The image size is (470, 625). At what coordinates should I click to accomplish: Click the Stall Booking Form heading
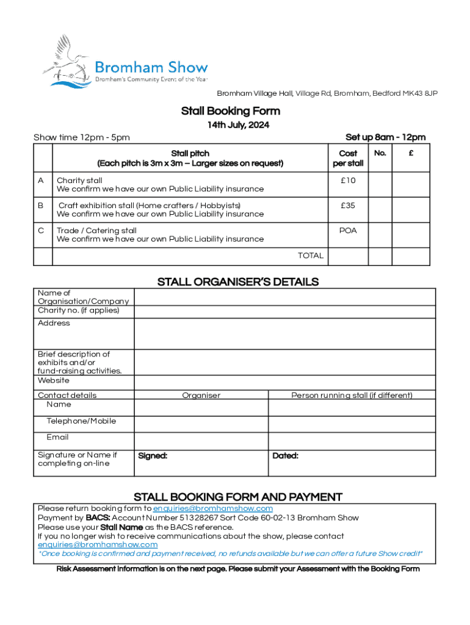(231, 111)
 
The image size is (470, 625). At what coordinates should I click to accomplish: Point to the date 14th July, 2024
(238, 125)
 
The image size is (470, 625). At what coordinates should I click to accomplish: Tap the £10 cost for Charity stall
(348, 181)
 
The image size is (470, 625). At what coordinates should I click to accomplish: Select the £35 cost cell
(348, 206)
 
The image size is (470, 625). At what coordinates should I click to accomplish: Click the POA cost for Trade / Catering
(348, 231)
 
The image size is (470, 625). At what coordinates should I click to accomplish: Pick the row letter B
(40, 206)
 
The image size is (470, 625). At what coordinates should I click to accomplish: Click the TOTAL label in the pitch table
(311, 256)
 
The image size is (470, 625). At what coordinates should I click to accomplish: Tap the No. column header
(380, 153)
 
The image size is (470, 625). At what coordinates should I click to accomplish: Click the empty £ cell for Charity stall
(411, 184)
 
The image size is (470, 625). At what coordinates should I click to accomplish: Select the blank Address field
(284, 334)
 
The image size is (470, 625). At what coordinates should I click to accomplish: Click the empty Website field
(284, 383)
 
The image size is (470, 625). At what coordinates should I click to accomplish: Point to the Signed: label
(153, 456)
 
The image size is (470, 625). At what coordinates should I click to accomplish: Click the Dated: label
(285, 456)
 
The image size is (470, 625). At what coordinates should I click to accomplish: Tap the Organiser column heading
(201, 396)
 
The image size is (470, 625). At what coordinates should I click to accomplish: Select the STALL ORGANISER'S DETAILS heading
(238, 282)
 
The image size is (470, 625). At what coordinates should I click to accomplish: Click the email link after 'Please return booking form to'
(213, 508)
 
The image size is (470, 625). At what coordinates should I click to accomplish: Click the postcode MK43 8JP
(421, 93)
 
